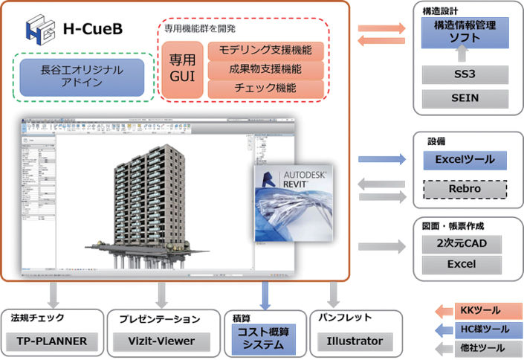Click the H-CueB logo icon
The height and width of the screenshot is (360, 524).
pyautogui.click(x=38, y=29)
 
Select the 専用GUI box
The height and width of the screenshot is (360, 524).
pyautogui.click(x=182, y=69)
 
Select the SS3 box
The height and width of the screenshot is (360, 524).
pyautogui.click(x=465, y=74)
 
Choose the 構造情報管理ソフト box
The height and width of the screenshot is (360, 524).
pyautogui.click(x=465, y=33)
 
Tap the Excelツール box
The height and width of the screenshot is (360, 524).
pyautogui.click(x=465, y=159)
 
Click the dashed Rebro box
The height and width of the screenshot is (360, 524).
pyautogui.click(x=465, y=189)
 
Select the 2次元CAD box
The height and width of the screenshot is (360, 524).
pyautogui.click(x=465, y=242)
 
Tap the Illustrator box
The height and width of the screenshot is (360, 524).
pyautogui.click(x=355, y=341)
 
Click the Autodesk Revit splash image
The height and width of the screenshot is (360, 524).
pyautogui.click(x=292, y=200)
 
